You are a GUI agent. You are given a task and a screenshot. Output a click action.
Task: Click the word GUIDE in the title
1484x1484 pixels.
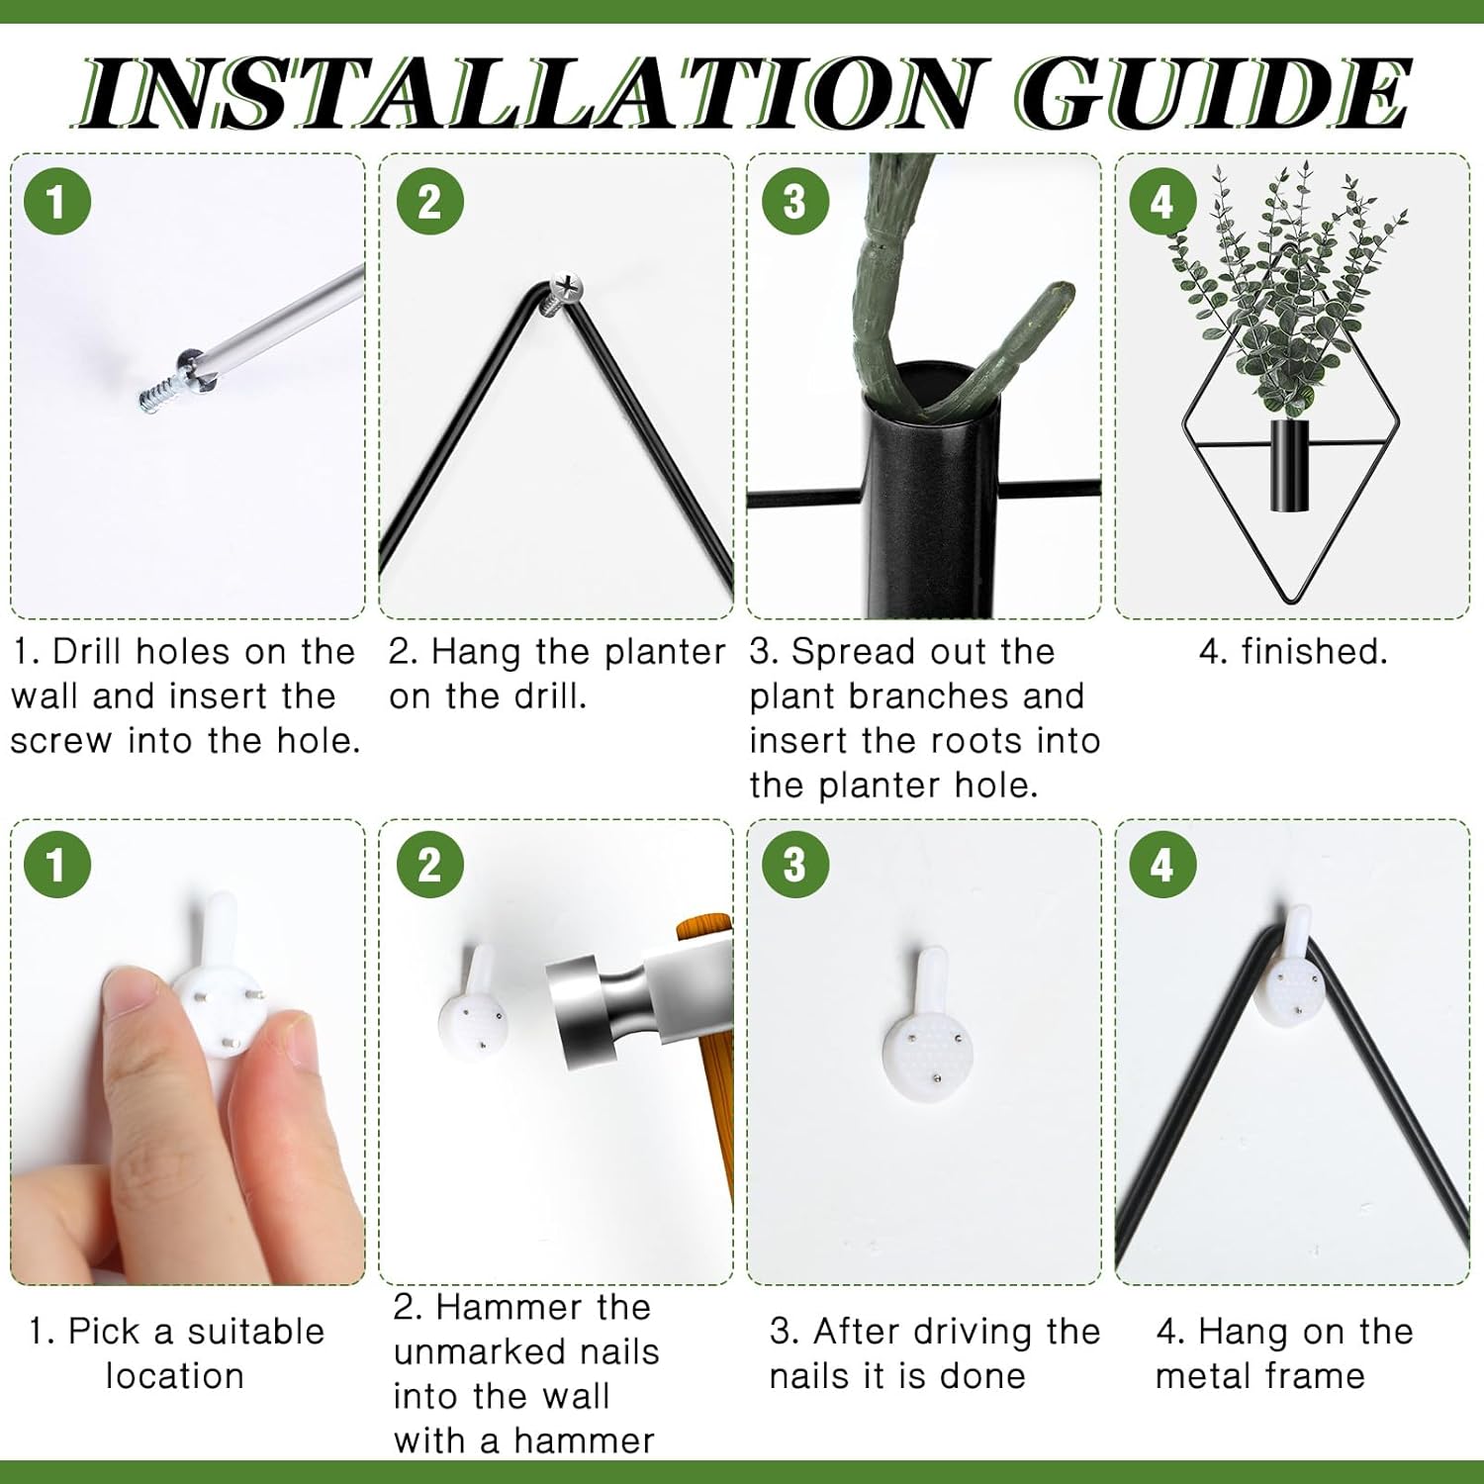(x=1212, y=93)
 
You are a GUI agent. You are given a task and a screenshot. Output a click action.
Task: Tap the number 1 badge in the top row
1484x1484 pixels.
(x=56, y=202)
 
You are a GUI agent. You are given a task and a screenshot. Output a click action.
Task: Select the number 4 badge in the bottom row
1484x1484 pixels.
(x=1162, y=865)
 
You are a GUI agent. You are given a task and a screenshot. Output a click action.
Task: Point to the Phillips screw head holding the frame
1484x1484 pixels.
(x=565, y=288)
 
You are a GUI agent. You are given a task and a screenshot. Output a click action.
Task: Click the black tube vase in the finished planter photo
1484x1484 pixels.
(x=1289, y=466)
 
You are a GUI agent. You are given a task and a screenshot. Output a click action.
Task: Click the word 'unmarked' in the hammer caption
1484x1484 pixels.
(x=526, y=1352)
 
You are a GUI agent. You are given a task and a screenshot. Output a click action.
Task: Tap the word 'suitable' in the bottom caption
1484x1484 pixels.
(x=255, y=1332)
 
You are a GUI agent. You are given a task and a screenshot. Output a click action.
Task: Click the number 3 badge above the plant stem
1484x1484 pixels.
(x=794, y=202)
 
